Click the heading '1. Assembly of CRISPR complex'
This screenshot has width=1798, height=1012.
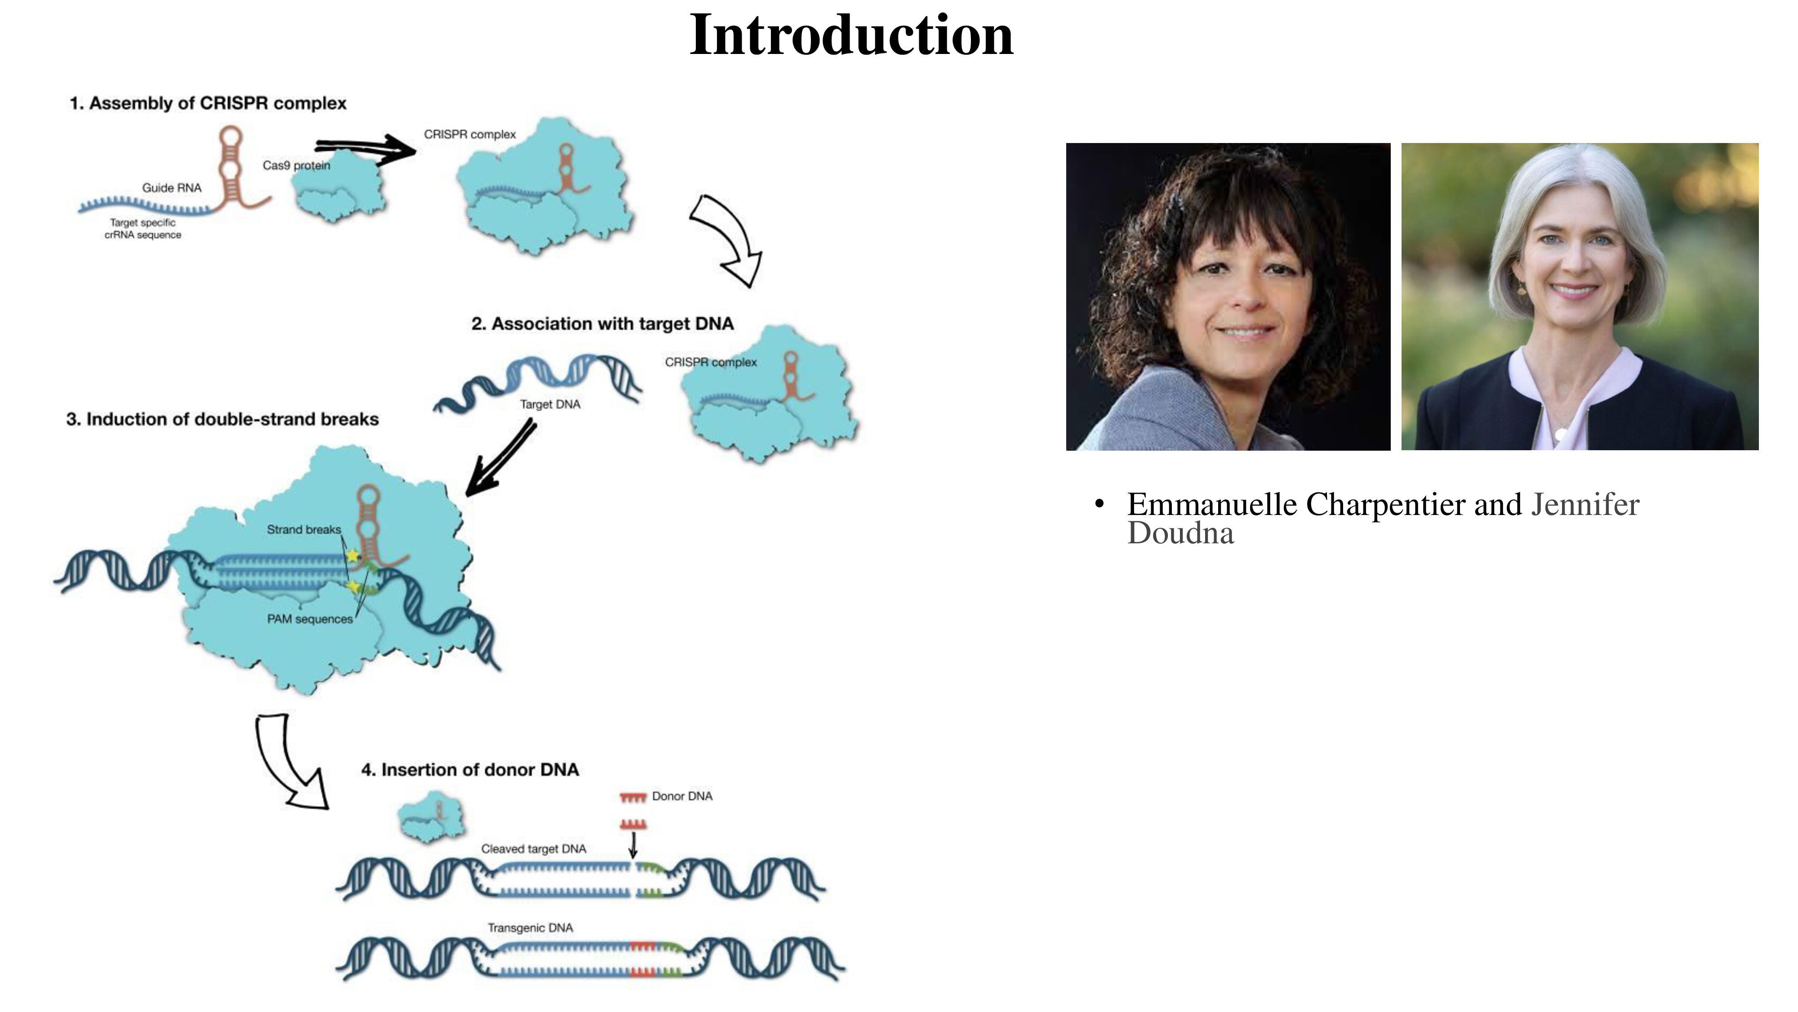[208, 103]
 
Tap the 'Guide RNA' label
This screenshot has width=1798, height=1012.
[172, 188]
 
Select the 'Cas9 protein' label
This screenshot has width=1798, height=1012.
[296, 166]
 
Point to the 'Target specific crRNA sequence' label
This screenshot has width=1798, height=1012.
[143, 229]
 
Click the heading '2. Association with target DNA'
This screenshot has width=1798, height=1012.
[602, 324]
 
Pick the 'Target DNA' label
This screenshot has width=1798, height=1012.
[550, 404]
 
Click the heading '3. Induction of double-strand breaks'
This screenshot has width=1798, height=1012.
[223, 419]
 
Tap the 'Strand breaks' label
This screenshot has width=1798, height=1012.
[303, 529]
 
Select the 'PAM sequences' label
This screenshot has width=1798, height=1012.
[310, 619]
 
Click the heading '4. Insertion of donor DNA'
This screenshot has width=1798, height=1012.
[470, 770]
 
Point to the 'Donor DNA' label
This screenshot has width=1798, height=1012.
[682, 796]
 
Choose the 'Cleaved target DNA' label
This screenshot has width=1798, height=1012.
[533, 849]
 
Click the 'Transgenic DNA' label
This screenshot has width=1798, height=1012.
[530, 927]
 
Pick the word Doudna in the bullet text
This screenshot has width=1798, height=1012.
[1180, 533]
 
